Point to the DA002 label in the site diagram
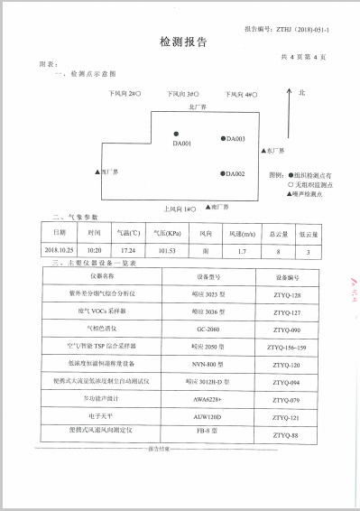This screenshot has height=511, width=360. pyautogui.click(x=235, y=173)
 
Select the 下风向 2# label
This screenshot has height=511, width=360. pyautogui.click(x=123, y=94)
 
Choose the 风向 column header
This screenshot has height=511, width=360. pyautogui.click(x=205, y=233)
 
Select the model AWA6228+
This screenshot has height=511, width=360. pyautogui.click(x=208, y=398)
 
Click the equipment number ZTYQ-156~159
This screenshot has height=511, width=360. pyautogui.click(x=288, y=347)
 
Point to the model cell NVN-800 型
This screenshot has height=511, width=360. pyautogui.click(x=208, y=364)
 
